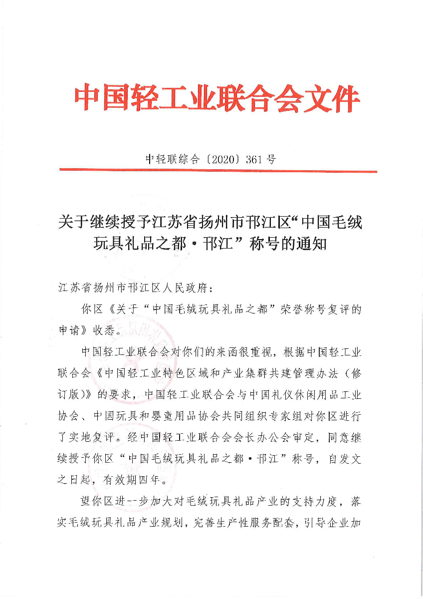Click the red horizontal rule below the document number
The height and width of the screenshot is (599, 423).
pyautogui.click(x=218, y=171)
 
